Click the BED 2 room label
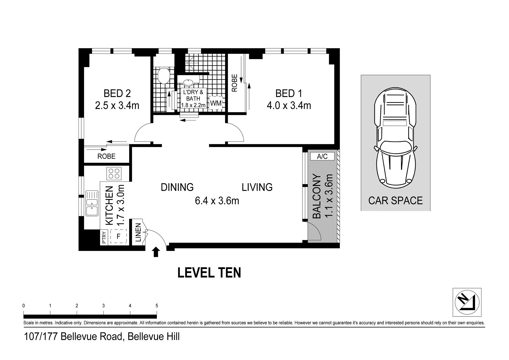point(117,93)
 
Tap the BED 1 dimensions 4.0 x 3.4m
point(289,106)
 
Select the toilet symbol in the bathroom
point(163,76)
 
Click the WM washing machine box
point(216,103)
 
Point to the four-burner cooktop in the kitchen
point(114,173)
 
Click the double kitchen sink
point(92,203)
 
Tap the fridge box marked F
point(118,236)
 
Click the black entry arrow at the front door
point(156,252)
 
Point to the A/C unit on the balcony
point(322,156)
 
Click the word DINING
point(177,187)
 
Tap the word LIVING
point(257,187)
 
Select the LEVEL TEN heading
point(209,273)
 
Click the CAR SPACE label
point(395,201)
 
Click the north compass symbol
point(467,302)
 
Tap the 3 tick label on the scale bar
point(103,306)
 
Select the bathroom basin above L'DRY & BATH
point(188,83)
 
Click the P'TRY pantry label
point(104,238)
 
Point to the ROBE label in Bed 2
point(106,156)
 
